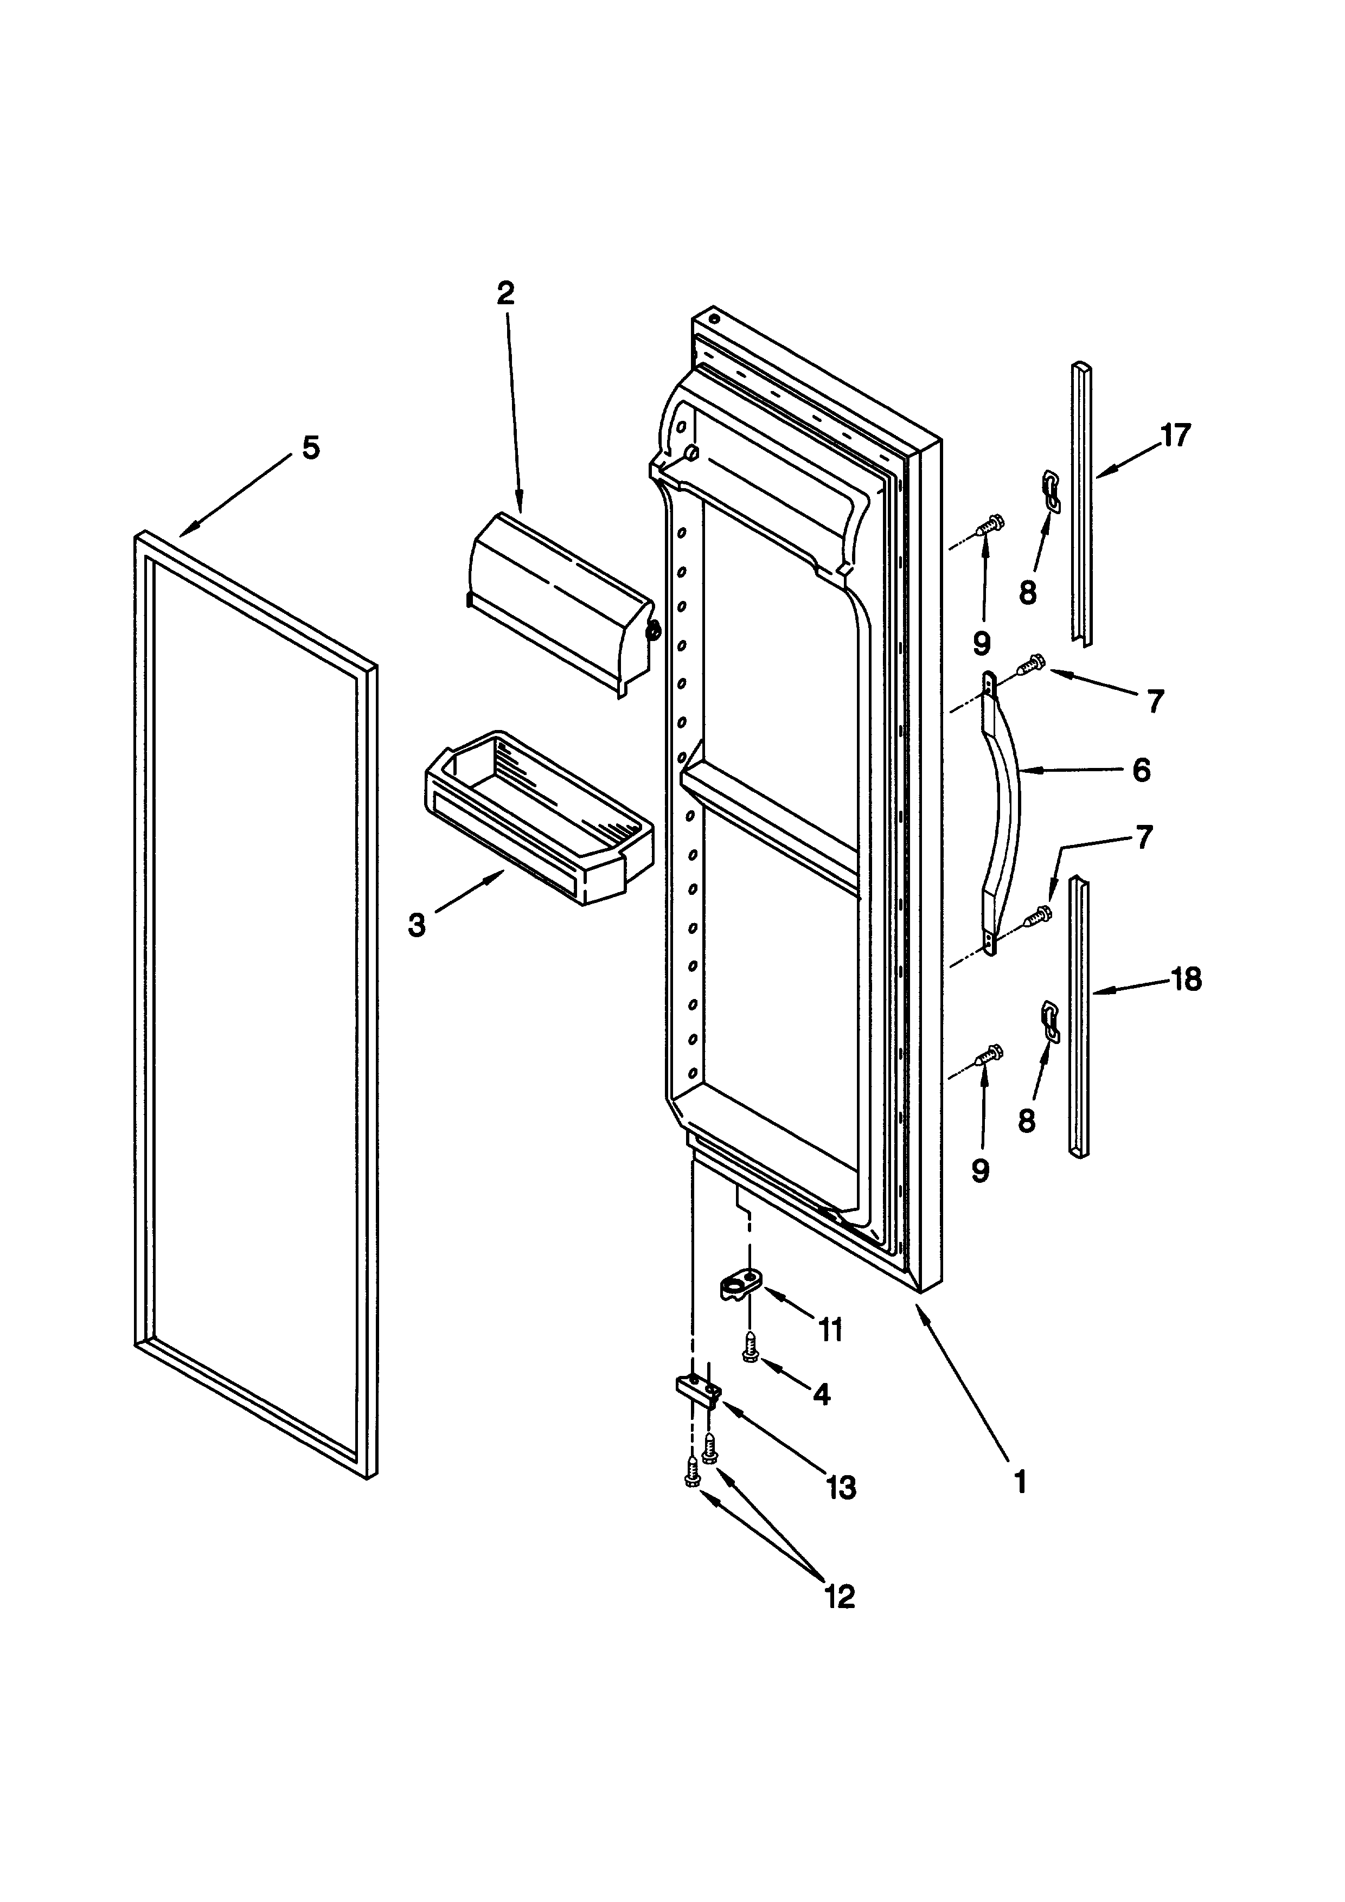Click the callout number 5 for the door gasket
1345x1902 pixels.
310,448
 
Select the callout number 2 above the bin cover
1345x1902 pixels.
505,293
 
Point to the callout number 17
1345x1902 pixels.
1174,435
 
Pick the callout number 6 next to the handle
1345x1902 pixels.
1141,771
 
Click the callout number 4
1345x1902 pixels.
821,1395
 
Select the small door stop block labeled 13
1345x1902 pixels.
697,1404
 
